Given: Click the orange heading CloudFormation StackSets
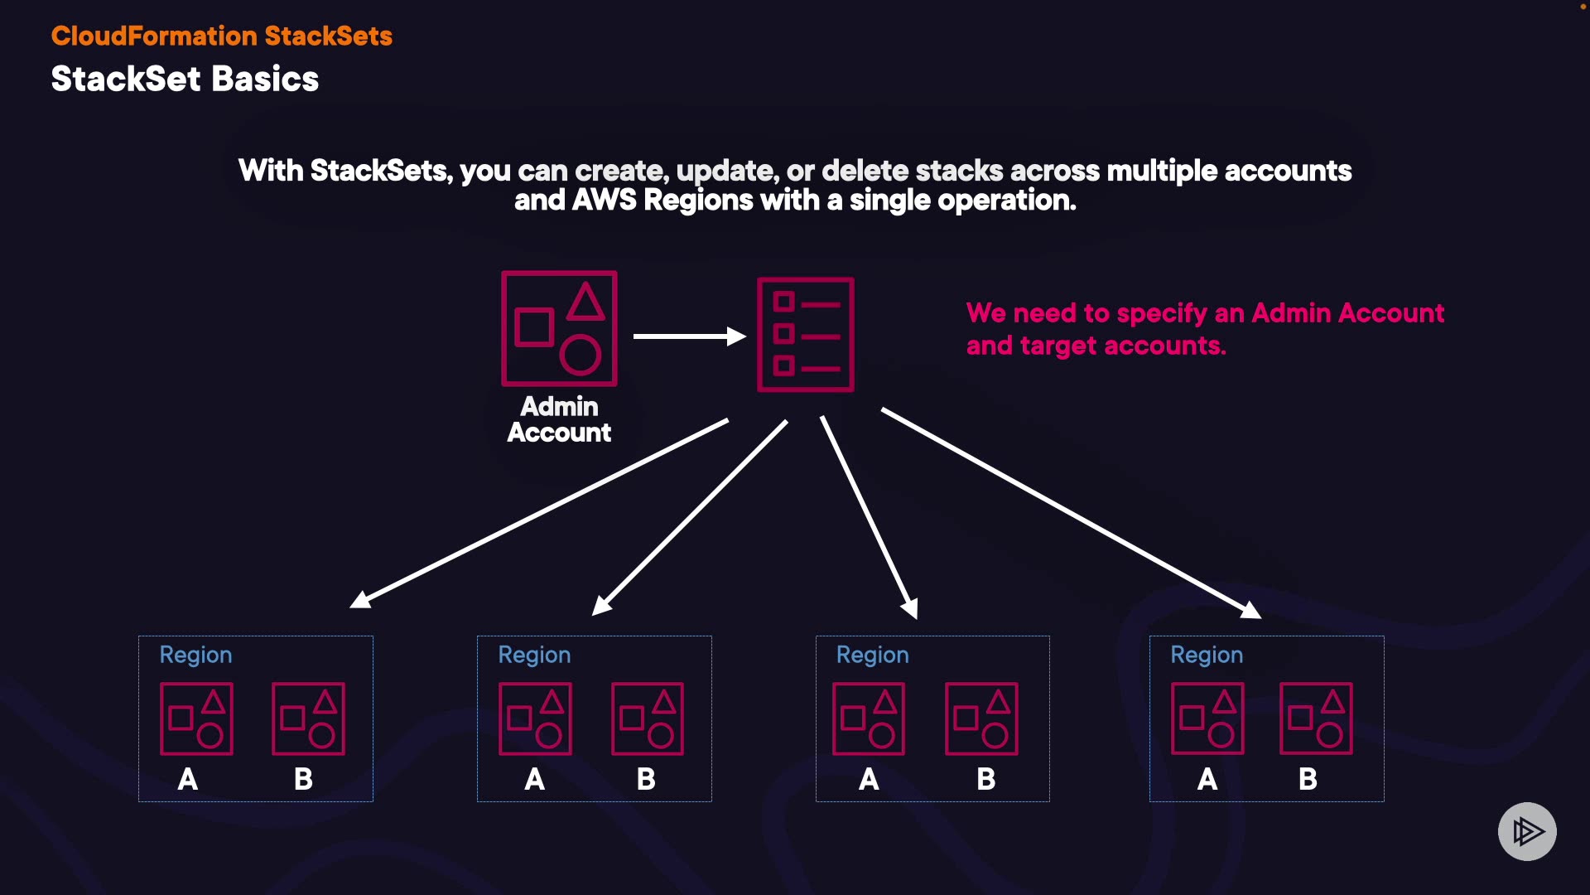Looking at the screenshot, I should (221, 36).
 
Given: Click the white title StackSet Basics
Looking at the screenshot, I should (185, 80).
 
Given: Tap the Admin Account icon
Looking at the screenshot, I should (559, 328).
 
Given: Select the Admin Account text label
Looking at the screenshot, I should (559, 419).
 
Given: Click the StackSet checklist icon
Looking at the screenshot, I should (805, 334).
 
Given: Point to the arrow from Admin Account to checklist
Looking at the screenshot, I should (689, 336).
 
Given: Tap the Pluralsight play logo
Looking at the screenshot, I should (1527, 831).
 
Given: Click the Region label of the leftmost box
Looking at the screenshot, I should (195, 655).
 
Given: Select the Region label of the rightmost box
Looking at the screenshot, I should (1207, 655).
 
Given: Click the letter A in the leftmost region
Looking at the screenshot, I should (188, 779).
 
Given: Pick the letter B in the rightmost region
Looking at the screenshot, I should (1308, 779).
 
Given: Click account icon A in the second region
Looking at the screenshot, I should (535, 718).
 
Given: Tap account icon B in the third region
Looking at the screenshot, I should (981, 718).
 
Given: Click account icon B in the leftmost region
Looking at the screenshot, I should (308, 718).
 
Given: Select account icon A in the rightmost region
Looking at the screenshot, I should (1207, 718).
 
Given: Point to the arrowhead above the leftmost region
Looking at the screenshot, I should (361, 600).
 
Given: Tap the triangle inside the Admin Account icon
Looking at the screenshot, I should (585, 302).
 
